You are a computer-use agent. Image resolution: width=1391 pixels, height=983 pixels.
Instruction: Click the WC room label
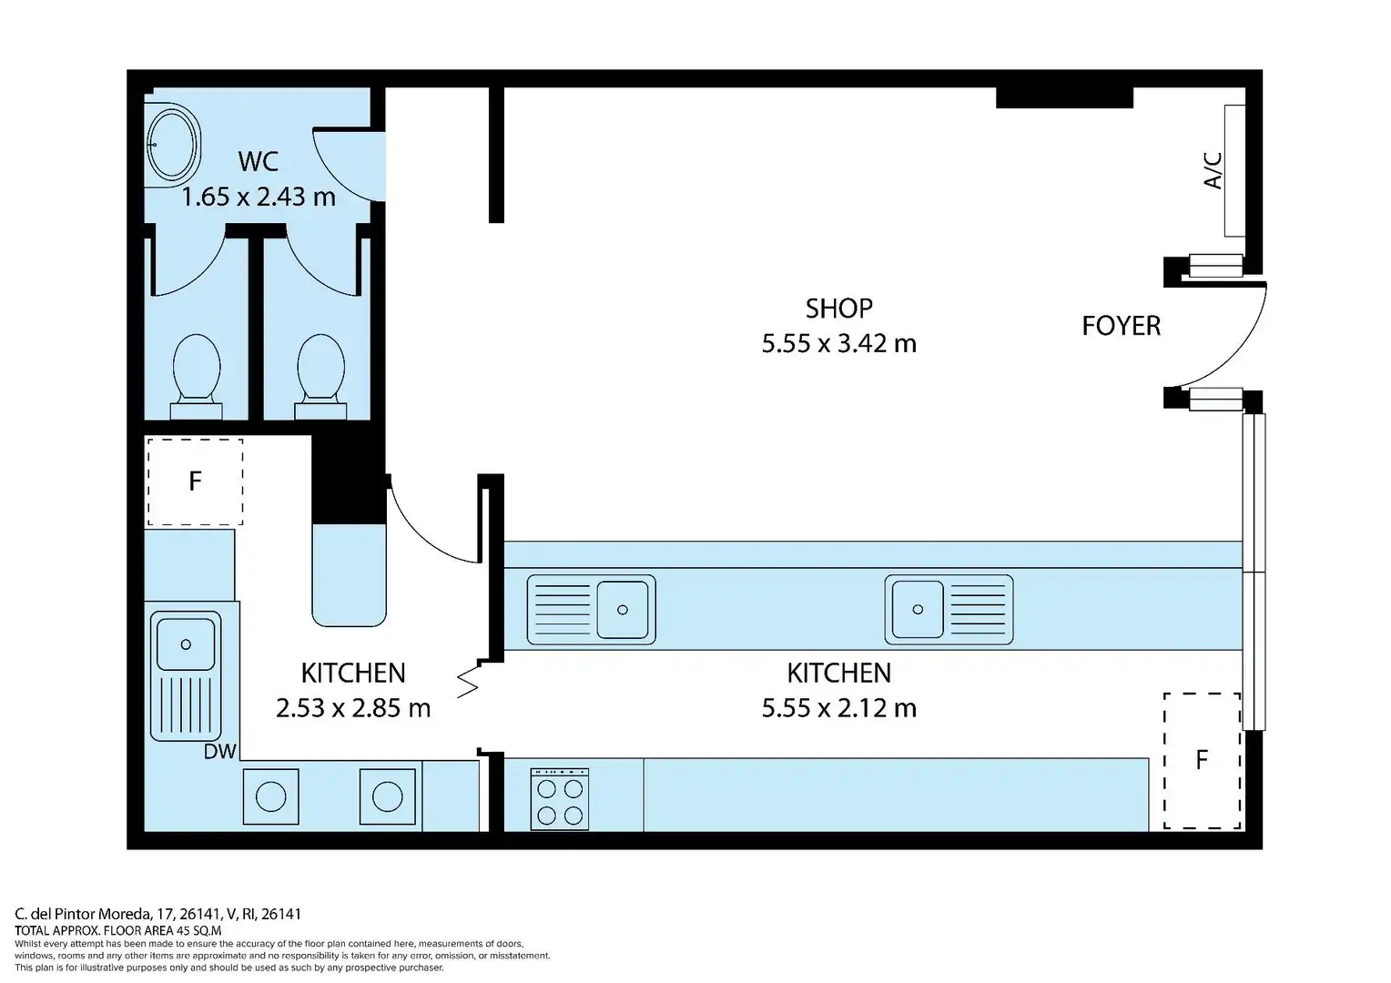point(258,161)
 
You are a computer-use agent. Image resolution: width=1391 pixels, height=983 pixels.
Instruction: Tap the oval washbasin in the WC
point(173,144)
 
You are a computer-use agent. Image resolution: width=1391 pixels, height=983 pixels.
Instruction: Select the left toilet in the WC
point(197,377)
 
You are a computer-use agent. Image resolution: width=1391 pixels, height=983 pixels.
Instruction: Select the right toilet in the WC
point(320,377)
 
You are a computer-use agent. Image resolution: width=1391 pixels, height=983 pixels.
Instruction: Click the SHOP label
point(839,309)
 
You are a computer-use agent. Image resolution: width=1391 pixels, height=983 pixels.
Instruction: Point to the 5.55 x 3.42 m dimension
point(839,343)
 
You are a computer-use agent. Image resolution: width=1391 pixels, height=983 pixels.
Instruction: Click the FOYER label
point(1121,326)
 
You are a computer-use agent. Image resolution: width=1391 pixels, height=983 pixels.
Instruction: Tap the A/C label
point(1213,170)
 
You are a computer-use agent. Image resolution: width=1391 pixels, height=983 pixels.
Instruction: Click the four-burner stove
point(560,798)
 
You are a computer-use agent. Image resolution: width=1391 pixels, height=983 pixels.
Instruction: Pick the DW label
point(219,752)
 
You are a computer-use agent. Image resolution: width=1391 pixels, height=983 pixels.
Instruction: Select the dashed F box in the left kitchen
point(195,481)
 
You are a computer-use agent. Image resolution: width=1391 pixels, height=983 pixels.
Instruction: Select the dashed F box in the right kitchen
point(1202,761)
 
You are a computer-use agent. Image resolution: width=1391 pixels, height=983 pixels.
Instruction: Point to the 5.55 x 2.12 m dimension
point(839,708)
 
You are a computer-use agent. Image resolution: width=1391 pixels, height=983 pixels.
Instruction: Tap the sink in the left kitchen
point(186,675)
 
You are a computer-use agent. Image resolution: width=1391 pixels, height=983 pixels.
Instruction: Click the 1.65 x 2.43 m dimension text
point(259,197)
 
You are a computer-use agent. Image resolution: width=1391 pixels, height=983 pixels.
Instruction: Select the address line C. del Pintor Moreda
point(157,914)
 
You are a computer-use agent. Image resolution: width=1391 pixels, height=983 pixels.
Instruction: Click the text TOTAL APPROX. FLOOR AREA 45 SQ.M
point(118,930)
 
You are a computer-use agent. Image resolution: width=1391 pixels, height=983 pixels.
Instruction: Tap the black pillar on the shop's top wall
point(1064,97)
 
